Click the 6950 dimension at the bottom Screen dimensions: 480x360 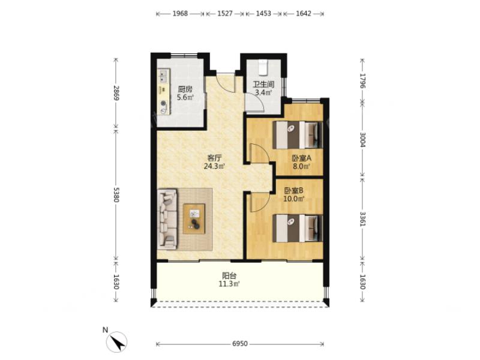[239, 344]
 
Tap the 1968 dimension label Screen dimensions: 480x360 [180, 13]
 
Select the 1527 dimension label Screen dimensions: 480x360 [225, 13]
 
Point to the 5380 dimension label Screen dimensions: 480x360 [116, 194]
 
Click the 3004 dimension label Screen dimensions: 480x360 [362, 140]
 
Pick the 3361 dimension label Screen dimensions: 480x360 [362, 219]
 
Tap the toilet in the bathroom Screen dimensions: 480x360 [263, 67]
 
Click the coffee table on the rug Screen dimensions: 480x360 [194, 219]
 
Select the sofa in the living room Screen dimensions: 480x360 [167, 219]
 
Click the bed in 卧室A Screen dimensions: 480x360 [298, 135]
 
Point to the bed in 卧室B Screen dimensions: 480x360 [298, 229]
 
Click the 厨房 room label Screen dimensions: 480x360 [185, 89]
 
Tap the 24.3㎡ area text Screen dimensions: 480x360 [215, 166]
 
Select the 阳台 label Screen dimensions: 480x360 [229, 275]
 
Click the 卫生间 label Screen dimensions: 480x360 [263, 84]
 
